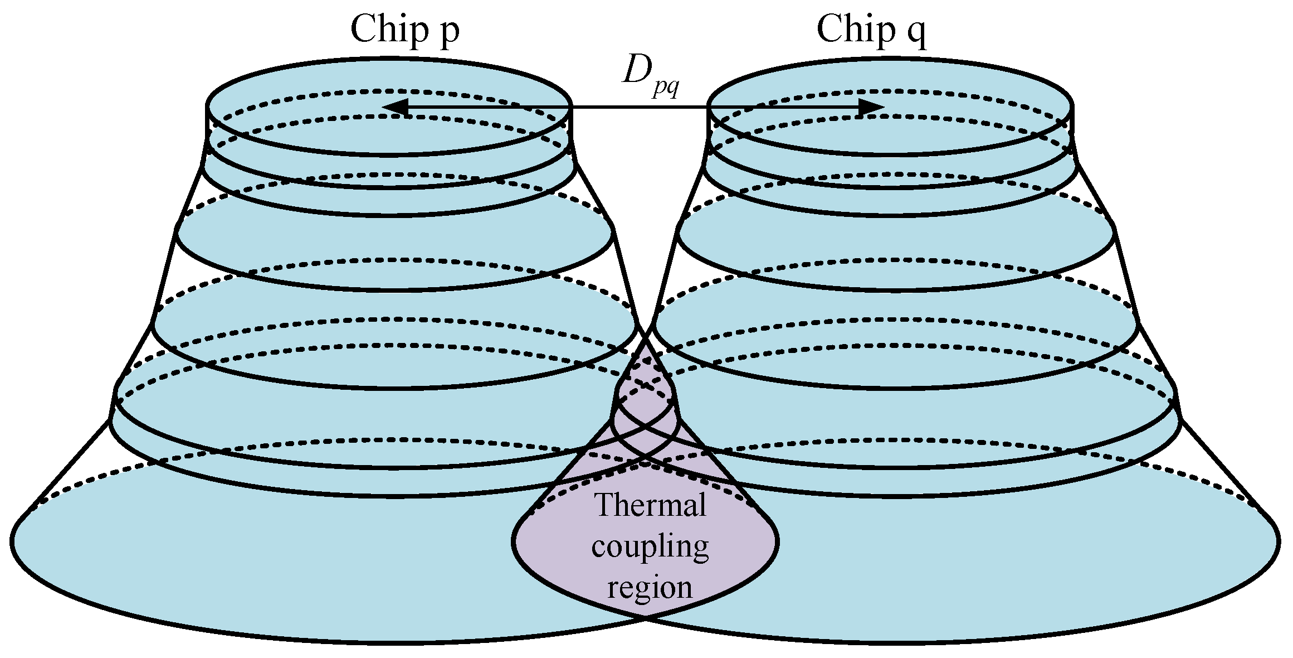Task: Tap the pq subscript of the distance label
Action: tap(666, 89)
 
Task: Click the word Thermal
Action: tap(650, 505)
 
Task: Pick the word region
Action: tap(650, 587)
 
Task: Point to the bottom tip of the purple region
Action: tap(646, 617)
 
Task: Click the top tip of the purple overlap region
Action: tap(646, 332)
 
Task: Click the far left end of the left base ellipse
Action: tap(12, 540)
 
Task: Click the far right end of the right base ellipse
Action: tap(1279, 540)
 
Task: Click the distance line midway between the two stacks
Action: tap(639, 107)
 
